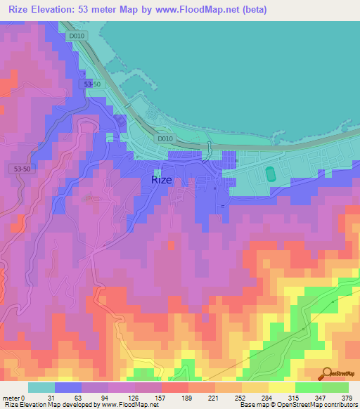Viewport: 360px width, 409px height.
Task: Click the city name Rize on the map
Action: click(x=161, y=179)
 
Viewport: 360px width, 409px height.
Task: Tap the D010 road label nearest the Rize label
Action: click(x=165, y=138)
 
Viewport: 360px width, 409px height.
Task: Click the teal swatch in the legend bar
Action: click(x=41, y=387)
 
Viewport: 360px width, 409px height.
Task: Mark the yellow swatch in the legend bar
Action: click(x=282, y=387)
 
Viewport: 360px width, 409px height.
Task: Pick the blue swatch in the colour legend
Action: click(x=68, y=387)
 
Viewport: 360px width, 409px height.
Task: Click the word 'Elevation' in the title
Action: click(x=58, y=8)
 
